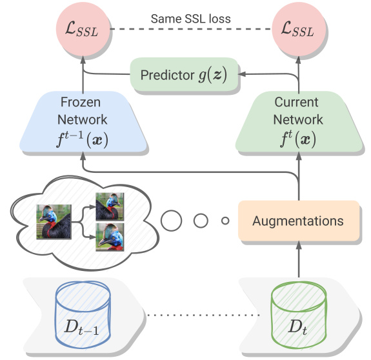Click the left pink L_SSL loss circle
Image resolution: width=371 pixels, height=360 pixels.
[x=83, y=29]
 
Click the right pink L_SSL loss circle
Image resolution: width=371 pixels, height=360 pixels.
[x=299, y=29]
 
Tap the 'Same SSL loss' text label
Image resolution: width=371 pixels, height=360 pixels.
[x=191, y=19]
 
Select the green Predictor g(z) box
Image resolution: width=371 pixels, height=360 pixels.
[x=184, y=74]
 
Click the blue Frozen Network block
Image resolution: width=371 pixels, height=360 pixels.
[x=83, y=121]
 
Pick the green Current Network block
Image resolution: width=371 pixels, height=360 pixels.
[x=299, y=121]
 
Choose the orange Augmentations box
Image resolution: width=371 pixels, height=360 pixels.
[x=299, y=221]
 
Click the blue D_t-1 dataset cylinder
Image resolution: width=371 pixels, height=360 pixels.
[x=83, y=314]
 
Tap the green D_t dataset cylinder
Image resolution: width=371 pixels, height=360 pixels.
[x=299, y=314]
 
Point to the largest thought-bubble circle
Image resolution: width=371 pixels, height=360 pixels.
[x=171, y=221]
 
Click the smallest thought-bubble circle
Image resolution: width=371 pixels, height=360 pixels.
[x=225, y=221]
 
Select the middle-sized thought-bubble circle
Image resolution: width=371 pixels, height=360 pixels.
[x=201, y=221]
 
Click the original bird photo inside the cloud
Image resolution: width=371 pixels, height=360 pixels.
[x=54, y=222]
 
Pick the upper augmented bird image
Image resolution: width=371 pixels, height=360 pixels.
[x=110, y=206]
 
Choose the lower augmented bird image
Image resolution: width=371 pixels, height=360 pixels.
[x=110, y=237]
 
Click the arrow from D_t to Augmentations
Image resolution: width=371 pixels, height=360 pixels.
[x=299, y=259]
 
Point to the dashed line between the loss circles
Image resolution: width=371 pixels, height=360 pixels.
[x=191, y=29]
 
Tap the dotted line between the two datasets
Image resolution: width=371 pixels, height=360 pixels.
[x=203, y=315]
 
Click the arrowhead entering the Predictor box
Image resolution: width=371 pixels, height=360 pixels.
[x=242, y=74]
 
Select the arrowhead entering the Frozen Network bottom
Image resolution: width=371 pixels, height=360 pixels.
[x=83, y=155]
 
